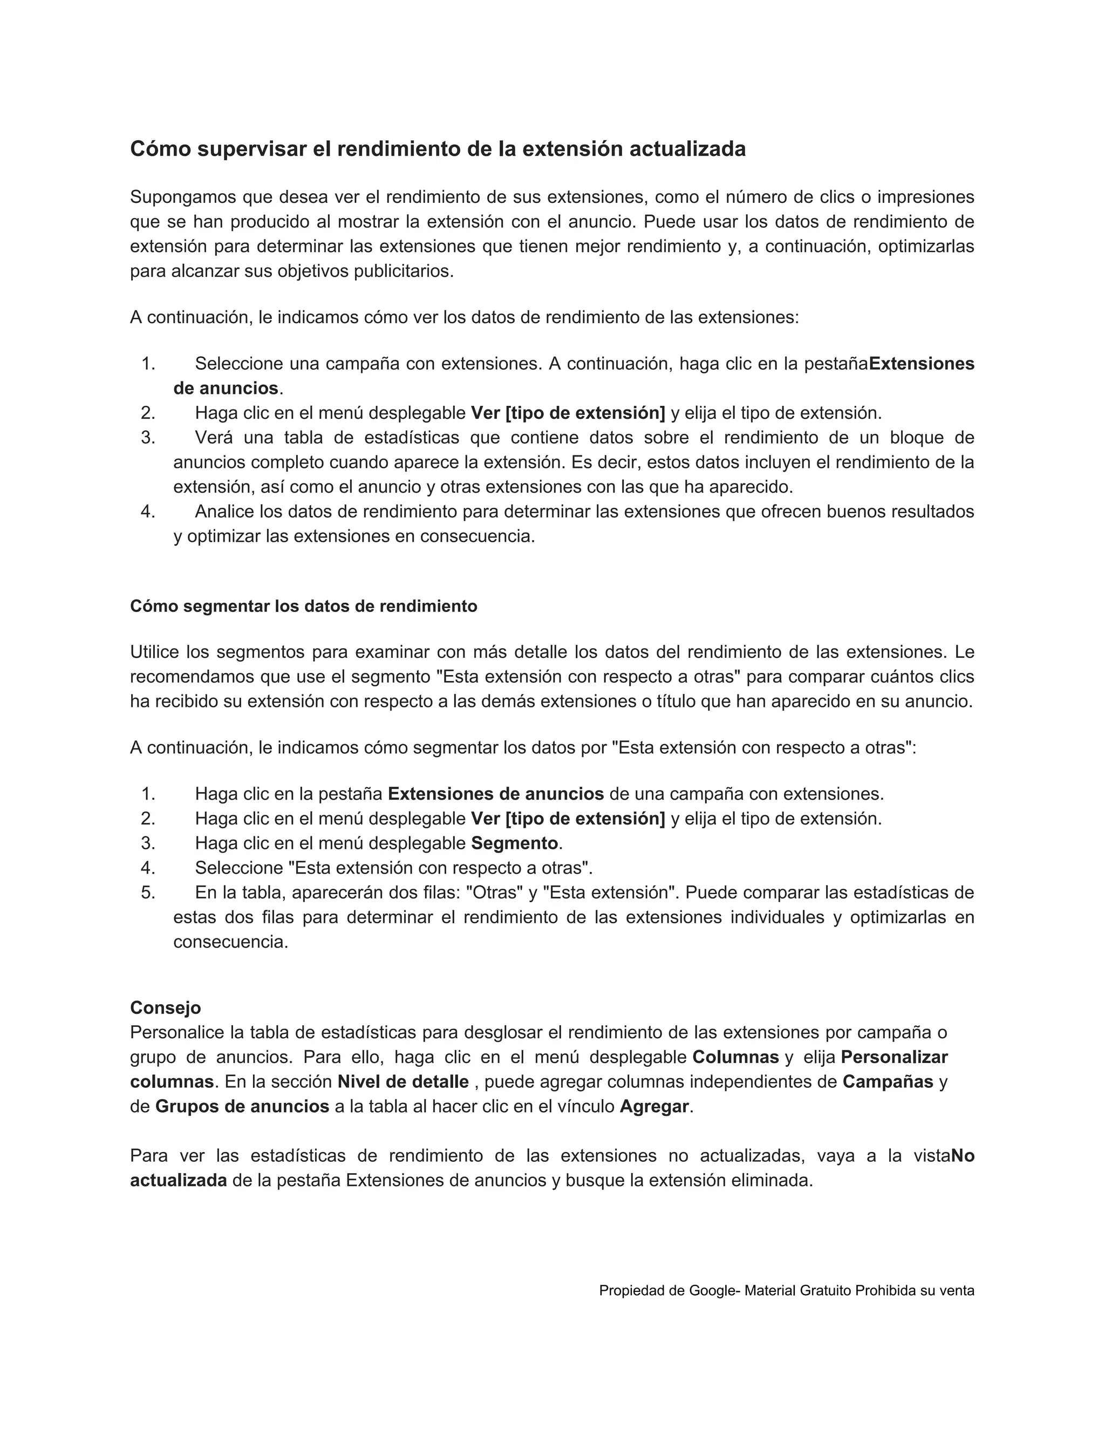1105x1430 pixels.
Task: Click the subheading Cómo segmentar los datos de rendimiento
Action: point(304,607)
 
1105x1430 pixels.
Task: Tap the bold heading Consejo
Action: point(166,1007)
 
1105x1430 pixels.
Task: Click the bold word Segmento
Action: point(514,843)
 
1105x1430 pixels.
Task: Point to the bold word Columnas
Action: point(735,1058)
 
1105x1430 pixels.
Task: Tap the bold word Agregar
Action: point(654,1107)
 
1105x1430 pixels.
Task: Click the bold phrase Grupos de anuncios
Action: point(242,1107)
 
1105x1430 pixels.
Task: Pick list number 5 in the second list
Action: point(148,893)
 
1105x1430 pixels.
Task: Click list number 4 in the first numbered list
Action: point(148,512)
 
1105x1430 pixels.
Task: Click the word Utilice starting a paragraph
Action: point(154,652)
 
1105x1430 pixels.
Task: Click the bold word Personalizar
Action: point(894,1058)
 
